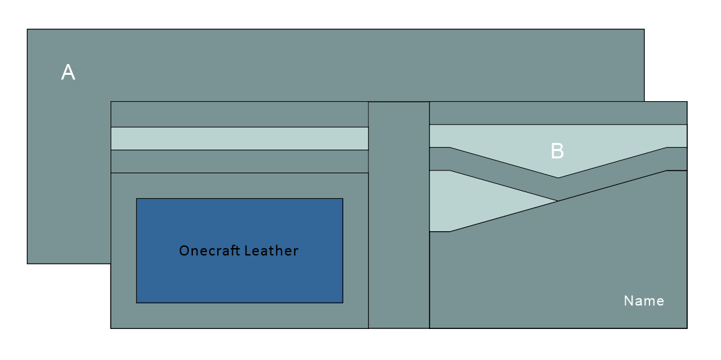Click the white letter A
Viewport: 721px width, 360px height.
tap(68, 72)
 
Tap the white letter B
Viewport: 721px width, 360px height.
tap(557, 151)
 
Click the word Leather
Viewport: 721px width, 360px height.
tap(271, 251)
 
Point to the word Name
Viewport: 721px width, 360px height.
tap(643, 301)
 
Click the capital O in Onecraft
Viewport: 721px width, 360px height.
tap(183, 251)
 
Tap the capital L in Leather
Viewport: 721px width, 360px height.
tap(247, 251)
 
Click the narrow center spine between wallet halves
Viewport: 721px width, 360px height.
tap(399, 215)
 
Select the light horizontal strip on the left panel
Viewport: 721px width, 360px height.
tap(239, 138)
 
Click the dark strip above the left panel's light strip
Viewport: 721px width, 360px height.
tap(239, 114)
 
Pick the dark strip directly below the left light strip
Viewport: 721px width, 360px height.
tap(239, 161)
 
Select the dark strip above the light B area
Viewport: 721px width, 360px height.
tap(558, 113)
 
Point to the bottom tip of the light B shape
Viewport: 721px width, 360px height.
tap(558, 177)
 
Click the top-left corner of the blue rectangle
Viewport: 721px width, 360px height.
tap(137, 199)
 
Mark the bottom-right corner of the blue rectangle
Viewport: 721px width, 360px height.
tap(343, 303)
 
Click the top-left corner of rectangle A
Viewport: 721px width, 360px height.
tap(28, 30)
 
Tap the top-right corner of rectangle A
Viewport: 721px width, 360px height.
tap(643, 30)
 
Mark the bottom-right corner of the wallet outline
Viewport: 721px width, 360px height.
tap(687, 328)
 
